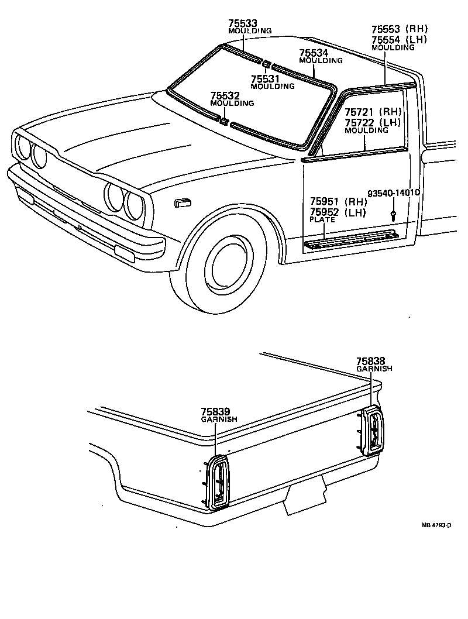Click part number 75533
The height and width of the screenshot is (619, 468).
click(x=242, y=23)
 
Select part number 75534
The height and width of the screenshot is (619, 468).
click(x=313, y=53)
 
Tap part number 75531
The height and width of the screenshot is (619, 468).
click(x=264, y=79)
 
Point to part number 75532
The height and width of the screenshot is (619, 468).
click(x=224, y=95)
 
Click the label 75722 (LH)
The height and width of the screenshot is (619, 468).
click(x=372, y=122)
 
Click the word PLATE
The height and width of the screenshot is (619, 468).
click(x=322, y=219)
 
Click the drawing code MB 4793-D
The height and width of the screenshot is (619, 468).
click(x=436, y=525)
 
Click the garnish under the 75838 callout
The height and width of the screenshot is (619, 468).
click(x=371, y=431)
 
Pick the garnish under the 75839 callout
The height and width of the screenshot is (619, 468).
click(x=219, y=482)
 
